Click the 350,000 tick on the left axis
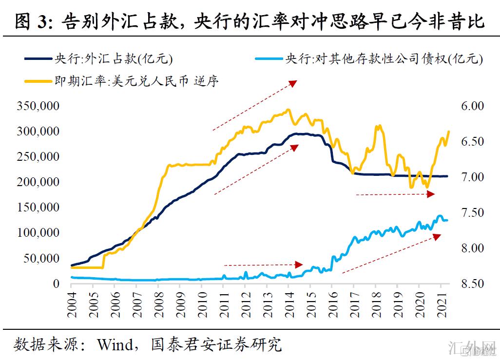point(39,106)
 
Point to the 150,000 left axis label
point(39,208)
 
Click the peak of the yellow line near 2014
point(288,110)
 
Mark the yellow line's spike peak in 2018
point(378,126)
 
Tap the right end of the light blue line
point(447,220)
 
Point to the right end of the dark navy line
point(447,176)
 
